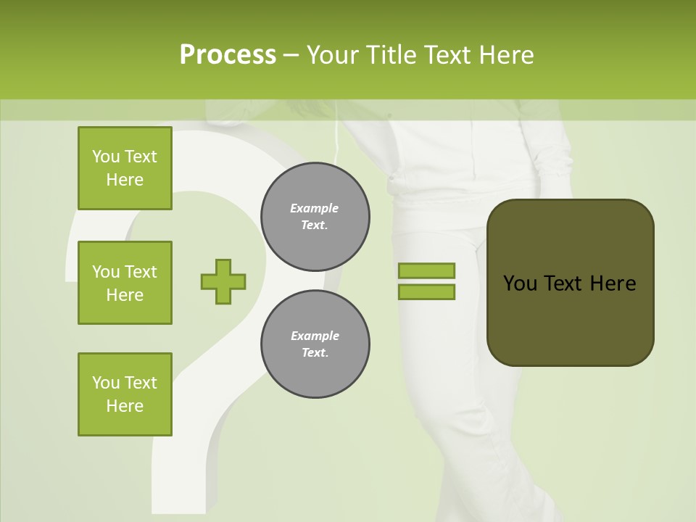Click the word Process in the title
228,55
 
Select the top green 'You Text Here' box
125,168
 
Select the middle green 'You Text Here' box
125,283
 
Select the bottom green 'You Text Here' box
125,394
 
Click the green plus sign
223,281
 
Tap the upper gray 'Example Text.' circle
315,217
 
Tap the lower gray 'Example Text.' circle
315,344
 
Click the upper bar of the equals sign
426,270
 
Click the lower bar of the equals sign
426,291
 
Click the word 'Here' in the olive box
613,283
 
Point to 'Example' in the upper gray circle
315,209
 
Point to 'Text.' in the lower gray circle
315,353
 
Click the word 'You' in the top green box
106,157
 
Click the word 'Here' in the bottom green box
125,406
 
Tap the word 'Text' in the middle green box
141,272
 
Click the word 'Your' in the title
331,55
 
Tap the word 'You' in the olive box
520,283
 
